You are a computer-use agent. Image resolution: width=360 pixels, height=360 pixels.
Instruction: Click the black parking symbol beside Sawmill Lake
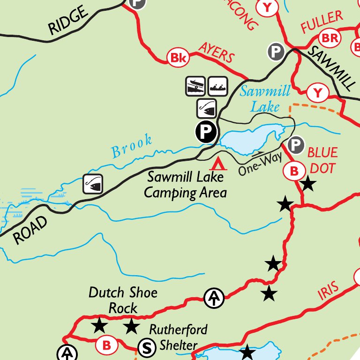pyautogui.click(x=206, y=132)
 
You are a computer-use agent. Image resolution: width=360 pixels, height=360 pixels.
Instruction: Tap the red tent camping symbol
pyautogui.click(x=218, y=164)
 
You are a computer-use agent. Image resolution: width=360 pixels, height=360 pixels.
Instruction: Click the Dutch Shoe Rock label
pyautogui.click(x=123, y=300)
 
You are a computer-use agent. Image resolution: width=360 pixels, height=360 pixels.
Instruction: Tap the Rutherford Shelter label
pyautogui.click(x=178, y=337)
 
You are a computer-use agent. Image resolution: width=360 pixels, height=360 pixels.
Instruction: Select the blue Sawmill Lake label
pyautogui.click(x=265, y=98)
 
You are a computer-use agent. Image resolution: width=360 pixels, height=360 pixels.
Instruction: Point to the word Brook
pyautogui.click(x=132, y=146)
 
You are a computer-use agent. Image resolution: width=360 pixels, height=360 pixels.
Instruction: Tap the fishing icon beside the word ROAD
pyautogui.click(x=93, y=183)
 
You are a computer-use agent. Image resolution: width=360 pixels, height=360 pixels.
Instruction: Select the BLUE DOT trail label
pyautogui.click(x=322, y=160)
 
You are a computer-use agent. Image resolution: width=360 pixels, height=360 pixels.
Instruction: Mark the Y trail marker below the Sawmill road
pyautogui.click(x=318, y=93)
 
